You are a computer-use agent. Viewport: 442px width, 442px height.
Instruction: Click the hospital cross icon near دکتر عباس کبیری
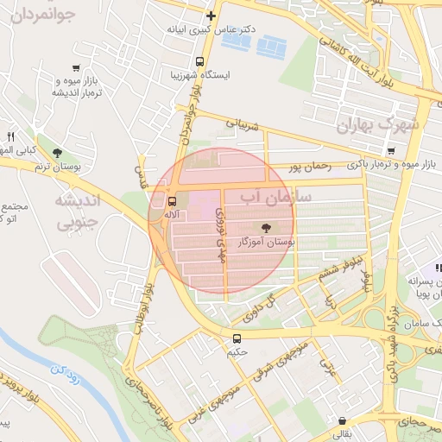211,16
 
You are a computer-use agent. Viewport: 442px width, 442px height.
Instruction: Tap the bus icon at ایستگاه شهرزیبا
199,62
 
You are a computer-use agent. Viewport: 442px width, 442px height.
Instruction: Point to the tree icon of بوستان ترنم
57,154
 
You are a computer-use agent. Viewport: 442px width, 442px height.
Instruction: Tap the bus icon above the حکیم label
237,338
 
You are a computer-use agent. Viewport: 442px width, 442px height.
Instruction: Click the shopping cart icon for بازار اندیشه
78,68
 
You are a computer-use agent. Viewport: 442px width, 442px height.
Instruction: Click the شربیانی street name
243,124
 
